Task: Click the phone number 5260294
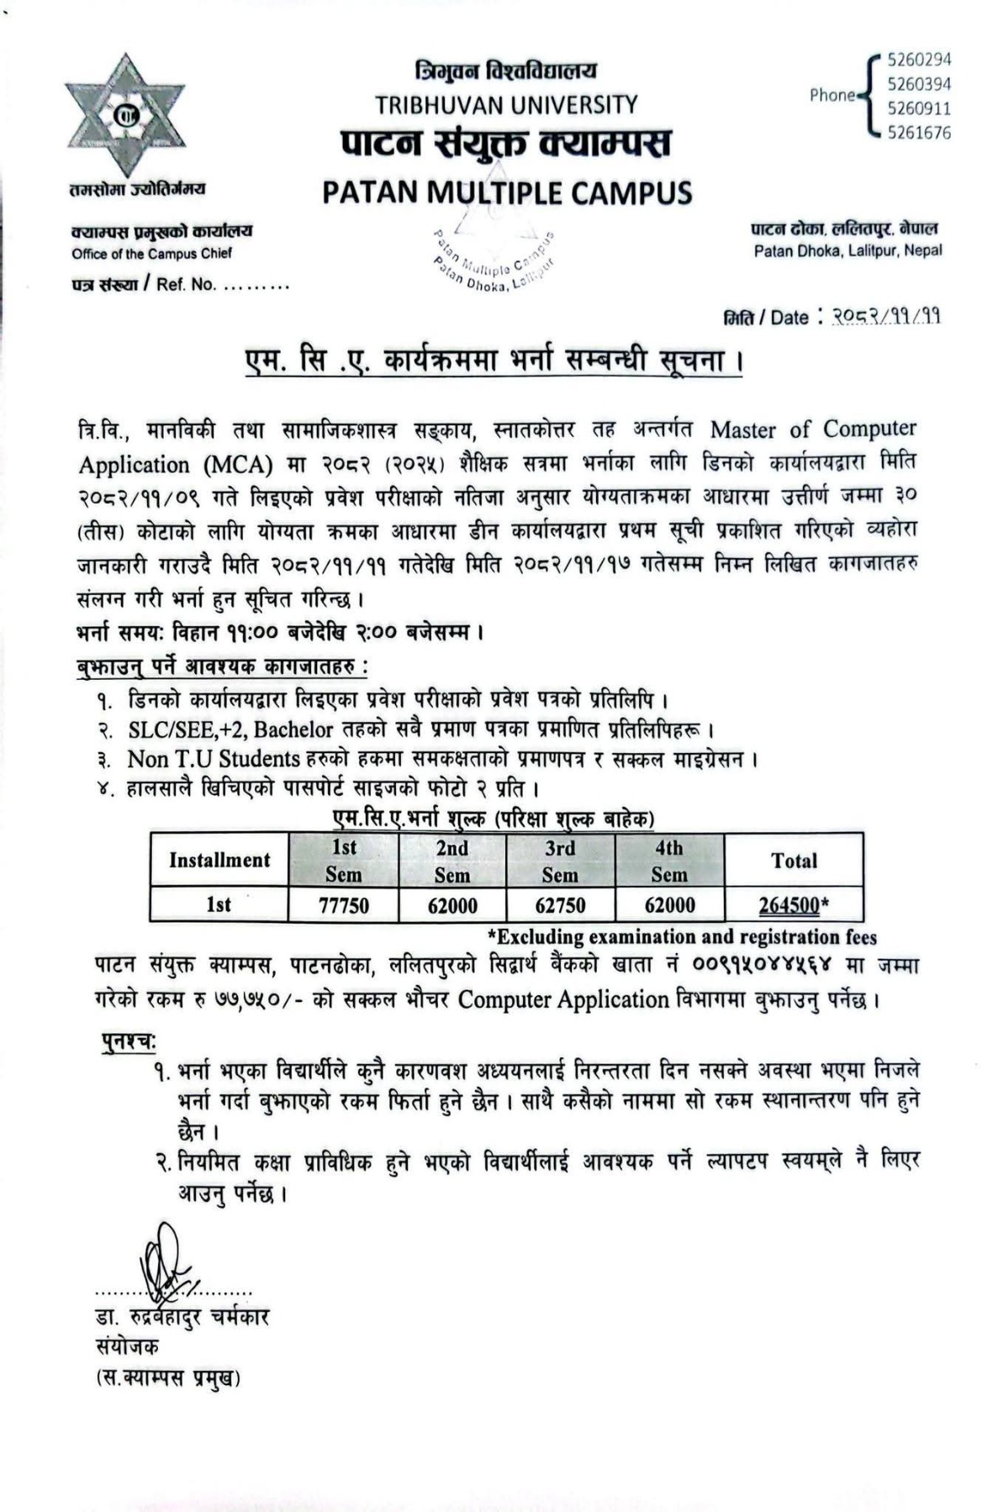tap(919, 60)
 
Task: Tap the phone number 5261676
tap(919, 133)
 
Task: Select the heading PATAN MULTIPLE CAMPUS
tap(507, 192)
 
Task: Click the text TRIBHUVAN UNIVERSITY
tap(506, 105)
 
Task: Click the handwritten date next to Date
tap(885, 316)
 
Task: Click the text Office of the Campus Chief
tap(151, 254)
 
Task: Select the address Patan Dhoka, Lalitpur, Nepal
tap(848, 250)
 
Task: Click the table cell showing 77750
tap(343, 905)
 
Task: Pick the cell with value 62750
tap(560, 905)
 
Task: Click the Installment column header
tap(219, 860)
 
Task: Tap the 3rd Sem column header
tap(560, 861)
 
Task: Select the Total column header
tap(794, 861)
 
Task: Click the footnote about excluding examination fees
tap(682, 936)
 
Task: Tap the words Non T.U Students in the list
tap(214, 759)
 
